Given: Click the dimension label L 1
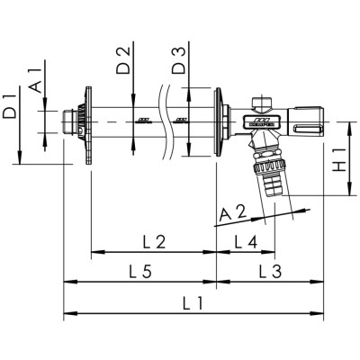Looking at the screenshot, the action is (193, 303).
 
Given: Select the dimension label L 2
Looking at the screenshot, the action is (154, 242).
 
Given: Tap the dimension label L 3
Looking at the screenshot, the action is (270, 272).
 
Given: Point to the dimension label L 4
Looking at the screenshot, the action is (246, 242).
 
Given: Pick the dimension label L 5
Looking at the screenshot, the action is (140, 272).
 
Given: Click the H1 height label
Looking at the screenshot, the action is (340, 162).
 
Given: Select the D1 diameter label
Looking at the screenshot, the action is (9, 106).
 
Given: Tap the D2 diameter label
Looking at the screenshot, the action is (123, 60).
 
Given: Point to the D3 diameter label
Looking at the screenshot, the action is (179, 60).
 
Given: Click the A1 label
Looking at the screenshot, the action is (34, 80).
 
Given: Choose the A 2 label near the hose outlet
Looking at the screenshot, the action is (233, 213).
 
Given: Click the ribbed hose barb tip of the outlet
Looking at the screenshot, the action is (273, 186).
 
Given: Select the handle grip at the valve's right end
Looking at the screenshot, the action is (306, 121).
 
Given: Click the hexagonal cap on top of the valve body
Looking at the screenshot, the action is (262, 103).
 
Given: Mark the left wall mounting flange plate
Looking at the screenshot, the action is (88, 125).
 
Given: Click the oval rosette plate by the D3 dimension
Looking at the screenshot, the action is (217, 121).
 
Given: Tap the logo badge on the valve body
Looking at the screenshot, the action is (262, 121).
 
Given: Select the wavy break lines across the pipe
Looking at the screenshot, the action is (165, 121).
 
